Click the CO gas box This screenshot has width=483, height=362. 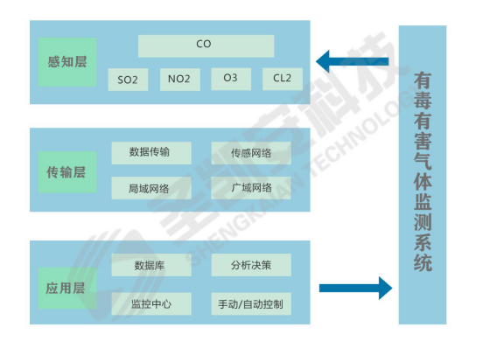click(206, 45)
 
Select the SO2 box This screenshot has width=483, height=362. click(128, 80)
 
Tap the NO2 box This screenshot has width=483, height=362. click(180, 80)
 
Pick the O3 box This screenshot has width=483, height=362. click(231, 79)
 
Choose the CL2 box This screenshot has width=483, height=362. click(283, 79)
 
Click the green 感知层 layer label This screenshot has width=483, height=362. click(67, 62)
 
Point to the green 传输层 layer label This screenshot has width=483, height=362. click(67, 172)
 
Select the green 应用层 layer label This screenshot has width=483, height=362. click(67, 289)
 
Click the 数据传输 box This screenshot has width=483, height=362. click(151, 153)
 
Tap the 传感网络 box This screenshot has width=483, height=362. click(251, 153)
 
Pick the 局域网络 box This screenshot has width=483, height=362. click(151, 188)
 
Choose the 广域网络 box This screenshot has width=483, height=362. click(251, 188)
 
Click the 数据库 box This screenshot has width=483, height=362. click(151, 265)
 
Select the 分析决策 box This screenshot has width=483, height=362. click(251, 265)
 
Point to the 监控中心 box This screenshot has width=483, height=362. click(151, 303)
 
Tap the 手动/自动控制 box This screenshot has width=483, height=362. click(251, 303)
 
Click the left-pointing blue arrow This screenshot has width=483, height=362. click(352, 61)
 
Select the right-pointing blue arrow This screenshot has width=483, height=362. click(356, 289)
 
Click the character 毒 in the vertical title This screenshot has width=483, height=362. click(423, 101)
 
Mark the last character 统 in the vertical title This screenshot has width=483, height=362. click(423, 262)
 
